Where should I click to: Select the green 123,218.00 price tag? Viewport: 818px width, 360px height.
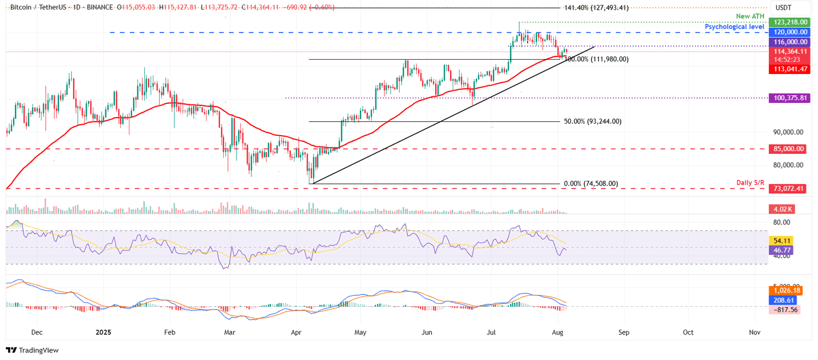789,22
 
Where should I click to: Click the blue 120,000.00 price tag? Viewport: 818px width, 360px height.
789,32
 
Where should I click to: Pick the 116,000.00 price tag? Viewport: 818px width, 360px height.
789,42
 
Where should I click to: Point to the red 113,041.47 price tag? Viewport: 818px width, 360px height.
789,69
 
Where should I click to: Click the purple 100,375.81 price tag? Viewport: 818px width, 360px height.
789,98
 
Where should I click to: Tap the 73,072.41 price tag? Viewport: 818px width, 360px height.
789,189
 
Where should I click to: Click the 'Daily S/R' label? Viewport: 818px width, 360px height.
750,183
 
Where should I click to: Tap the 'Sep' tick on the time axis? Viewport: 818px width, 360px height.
624,332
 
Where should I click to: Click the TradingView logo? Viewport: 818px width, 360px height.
32,350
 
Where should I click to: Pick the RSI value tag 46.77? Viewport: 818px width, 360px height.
781,249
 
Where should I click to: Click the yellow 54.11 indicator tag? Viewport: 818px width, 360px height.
781,240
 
